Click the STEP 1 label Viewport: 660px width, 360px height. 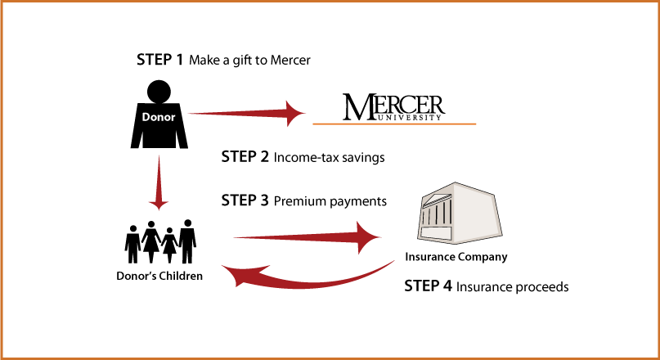click(160, 60)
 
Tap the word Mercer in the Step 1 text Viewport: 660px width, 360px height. click(290, 61)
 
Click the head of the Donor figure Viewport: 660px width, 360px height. click(159, 92)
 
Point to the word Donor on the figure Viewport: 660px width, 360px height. click(159, 117)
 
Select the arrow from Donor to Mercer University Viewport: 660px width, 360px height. click(247, 113)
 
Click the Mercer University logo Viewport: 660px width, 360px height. click(393, 107)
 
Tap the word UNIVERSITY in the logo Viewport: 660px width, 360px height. click(409, 118)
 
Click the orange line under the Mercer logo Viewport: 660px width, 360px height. click(394, 124)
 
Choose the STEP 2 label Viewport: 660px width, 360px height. click(245, 157)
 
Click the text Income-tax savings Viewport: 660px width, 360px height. click(329, 158)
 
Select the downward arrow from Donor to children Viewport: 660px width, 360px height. click(159, 182)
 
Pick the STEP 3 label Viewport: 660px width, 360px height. click(245, 200)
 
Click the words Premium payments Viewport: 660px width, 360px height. click(330, 202)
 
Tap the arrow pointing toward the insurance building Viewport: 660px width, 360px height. click(308, 238)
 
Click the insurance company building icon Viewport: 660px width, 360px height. click(460, 213)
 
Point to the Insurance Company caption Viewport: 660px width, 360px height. click(456, 257)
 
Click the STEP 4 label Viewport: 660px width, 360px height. click(428, 286)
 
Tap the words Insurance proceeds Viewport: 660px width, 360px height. click(513, 287)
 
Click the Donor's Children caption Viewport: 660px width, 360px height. click(159, 277)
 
